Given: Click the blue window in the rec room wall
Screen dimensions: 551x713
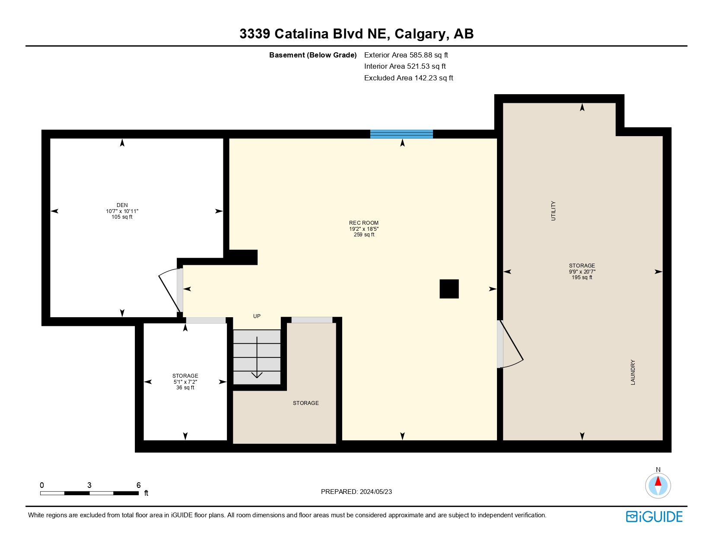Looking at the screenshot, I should (401, 134).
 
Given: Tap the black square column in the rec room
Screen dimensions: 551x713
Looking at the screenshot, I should (449, 289).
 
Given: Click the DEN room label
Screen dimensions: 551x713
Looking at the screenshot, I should (122, 205).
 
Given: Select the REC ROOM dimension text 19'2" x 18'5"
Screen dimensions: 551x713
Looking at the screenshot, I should (364, 229).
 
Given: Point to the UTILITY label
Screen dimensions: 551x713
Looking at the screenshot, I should (554, 211).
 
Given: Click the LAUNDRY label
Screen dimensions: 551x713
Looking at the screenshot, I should (633, 372).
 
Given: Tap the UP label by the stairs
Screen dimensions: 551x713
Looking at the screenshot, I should (257, 316).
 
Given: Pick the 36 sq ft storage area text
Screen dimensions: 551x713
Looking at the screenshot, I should (185, 388).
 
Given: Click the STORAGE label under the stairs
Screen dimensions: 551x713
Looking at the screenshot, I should (306, 403).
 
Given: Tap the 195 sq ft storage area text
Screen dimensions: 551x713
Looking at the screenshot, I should (582, 277).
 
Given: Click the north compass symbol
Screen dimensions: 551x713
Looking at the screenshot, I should (658, 485).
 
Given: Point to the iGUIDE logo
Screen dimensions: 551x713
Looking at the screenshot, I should (654, 517).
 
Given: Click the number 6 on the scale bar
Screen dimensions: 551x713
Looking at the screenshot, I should (138, 485).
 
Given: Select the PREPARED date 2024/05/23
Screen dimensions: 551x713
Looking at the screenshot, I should (376, 492).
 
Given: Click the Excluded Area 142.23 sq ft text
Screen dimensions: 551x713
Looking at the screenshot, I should (408, 78).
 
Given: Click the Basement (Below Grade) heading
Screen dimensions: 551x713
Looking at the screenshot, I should (313, 55).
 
